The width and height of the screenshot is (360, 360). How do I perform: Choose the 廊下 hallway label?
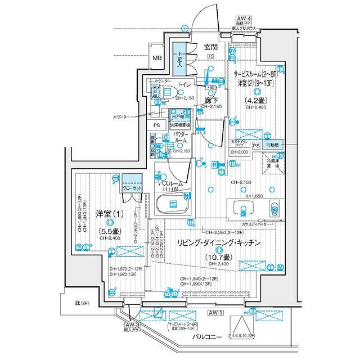(211, 99)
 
